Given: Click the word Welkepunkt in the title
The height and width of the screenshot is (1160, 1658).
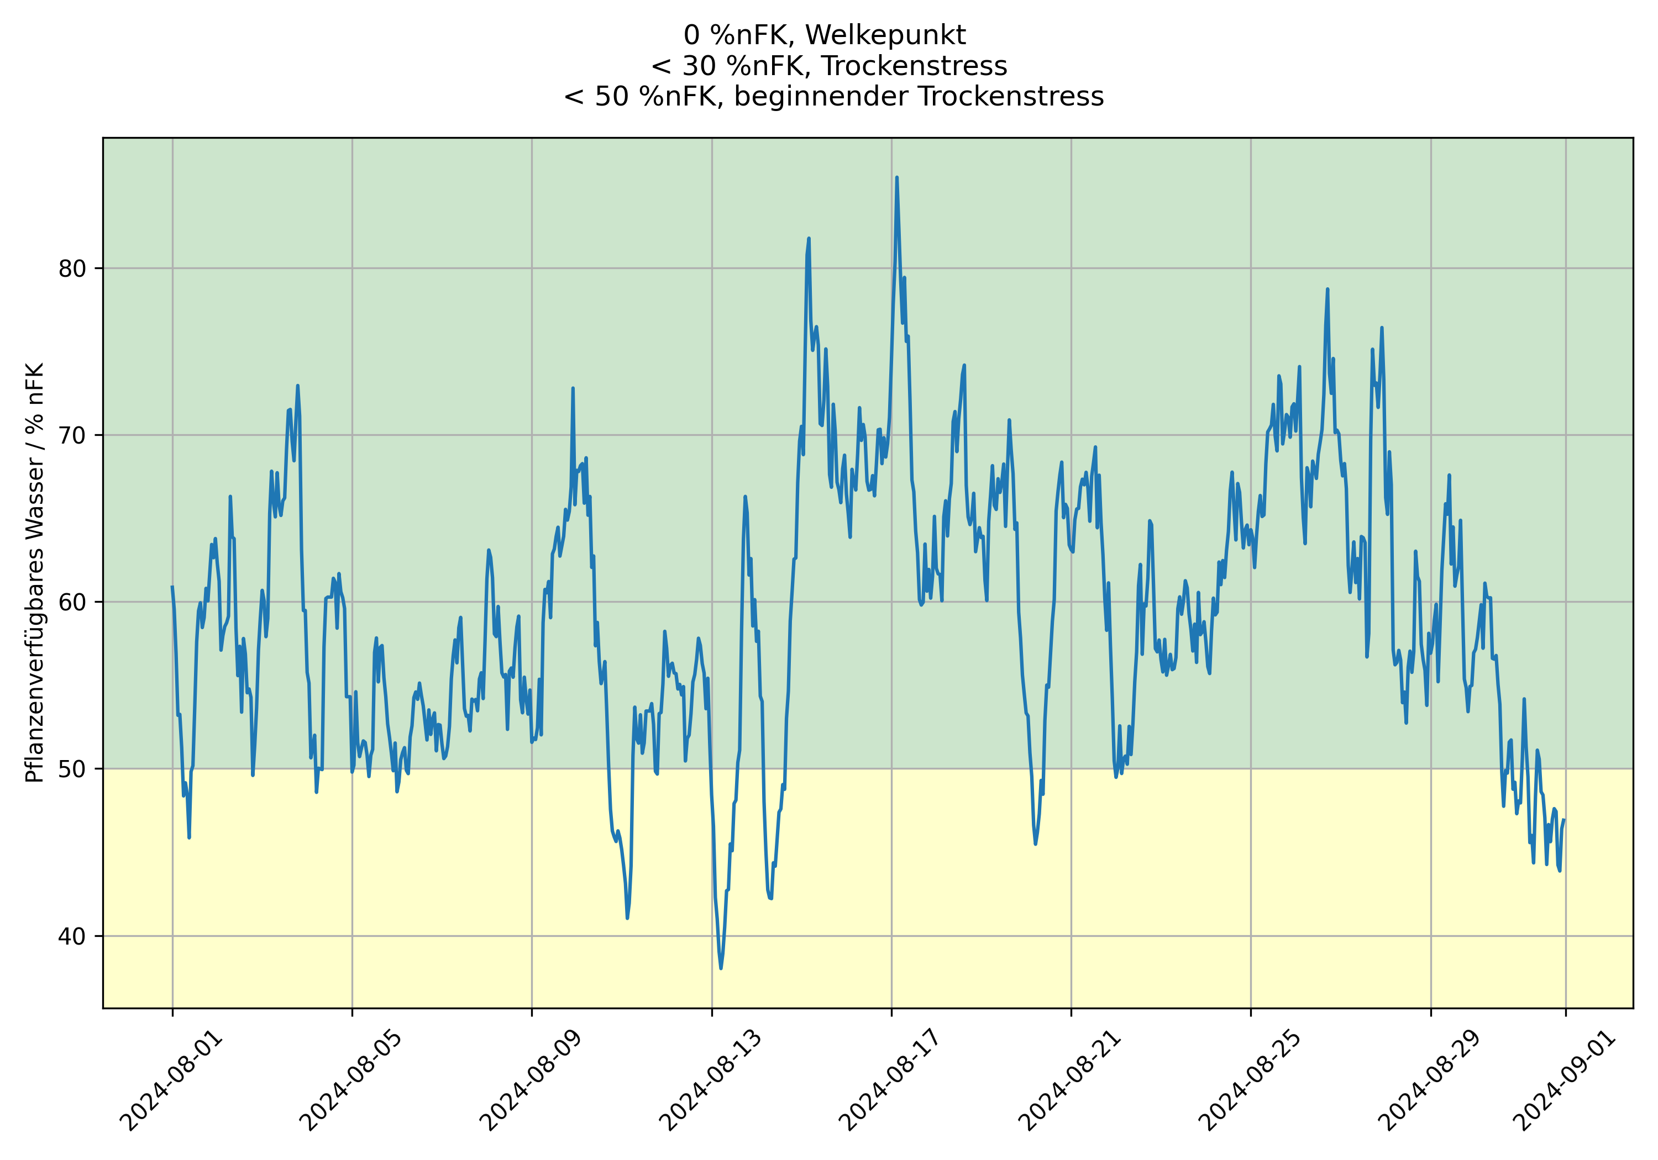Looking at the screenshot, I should [x=885, y=35].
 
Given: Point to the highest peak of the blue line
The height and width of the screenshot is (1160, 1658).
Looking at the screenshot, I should [x=896, y=177].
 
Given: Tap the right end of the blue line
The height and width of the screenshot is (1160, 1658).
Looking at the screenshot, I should [x=1564, y=820].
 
